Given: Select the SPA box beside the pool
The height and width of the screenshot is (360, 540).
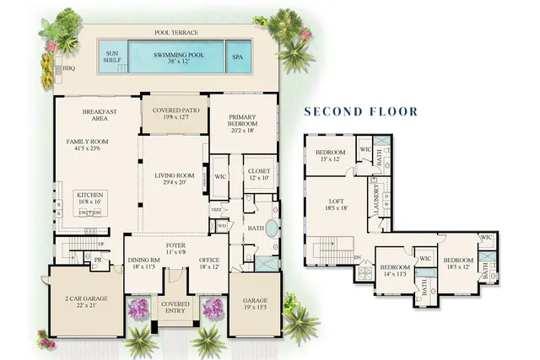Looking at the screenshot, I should click(x=239, y=57).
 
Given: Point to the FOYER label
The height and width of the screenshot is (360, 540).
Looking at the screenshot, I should click(x=175, y=248).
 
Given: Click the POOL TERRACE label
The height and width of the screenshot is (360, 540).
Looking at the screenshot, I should click(x=176, y=33).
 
